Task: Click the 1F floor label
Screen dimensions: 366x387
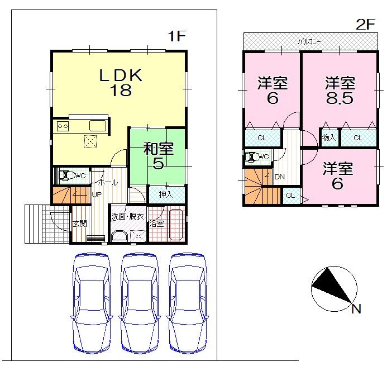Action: tap(177, 37)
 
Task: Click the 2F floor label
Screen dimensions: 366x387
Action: tap(365, 24)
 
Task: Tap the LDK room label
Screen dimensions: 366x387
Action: tap(121, 75)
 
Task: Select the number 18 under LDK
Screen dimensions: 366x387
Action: tap(121, 91)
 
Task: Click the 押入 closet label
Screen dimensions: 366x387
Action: tap(165, 195)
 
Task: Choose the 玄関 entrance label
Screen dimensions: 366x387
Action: tap(79, 224)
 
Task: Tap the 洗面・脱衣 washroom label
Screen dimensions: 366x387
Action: tap(128, 216)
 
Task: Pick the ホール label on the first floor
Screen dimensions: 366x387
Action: tap(107, 183)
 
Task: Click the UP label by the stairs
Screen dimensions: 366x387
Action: tap(97, 194)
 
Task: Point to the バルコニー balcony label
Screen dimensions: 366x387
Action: tap(305, 41)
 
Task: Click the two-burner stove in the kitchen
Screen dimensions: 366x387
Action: tap(61, 126)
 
